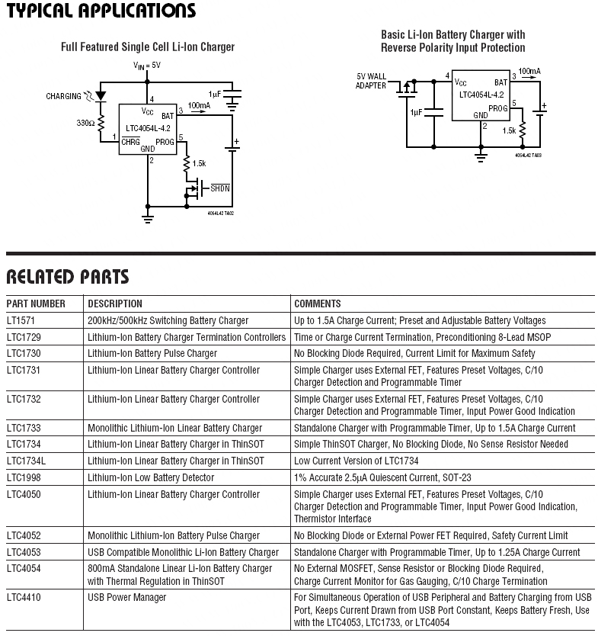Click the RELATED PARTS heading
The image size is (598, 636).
click(x=68, y=277)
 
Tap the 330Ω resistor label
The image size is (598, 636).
click(x=85, y=122)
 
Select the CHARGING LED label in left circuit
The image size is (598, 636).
click(x=64, y=97)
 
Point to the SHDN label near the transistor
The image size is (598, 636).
click(x=220, y=188)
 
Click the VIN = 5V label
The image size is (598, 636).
click(x=147, y=66)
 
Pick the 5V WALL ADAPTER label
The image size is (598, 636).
click(x=372, y=81)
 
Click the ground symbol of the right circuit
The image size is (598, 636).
click(x=481, y=156)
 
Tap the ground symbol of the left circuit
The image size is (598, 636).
click(x=148, y=218)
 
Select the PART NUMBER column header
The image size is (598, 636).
click(x=37, y=304)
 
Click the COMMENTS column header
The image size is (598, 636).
click(x=317, y=304)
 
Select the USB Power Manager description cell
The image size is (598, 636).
click(x=126, y=598)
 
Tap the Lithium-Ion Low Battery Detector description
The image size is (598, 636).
click(x=151, y=477)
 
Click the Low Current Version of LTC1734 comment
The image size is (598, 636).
click(x=356, y=461)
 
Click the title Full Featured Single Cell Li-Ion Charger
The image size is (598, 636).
click(x=148, y=47)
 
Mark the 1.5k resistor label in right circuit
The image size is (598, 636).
click(x=509, y=130)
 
